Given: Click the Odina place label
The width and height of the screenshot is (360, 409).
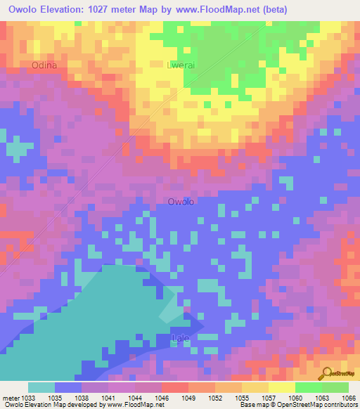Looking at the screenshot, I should coord(44,65).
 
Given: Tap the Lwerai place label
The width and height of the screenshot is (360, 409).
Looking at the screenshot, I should coord(179,65).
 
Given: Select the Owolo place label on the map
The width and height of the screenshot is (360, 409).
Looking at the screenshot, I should coord(181,202).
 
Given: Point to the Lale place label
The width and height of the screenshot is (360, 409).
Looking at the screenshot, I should coord(181,339).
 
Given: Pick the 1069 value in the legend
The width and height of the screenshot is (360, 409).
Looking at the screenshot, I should coord(348,397).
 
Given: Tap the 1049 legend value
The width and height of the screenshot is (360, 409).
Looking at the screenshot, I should coord(188,397).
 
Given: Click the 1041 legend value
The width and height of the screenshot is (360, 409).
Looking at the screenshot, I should coord(108,397).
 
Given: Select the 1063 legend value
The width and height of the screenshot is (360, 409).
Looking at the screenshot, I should coord(321,397).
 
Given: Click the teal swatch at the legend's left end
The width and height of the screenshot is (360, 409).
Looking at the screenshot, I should coord(41,387).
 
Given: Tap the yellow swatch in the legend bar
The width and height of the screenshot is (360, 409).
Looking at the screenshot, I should coord(281,387).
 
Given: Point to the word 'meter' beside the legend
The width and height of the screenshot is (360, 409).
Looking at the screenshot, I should coord(11,397).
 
